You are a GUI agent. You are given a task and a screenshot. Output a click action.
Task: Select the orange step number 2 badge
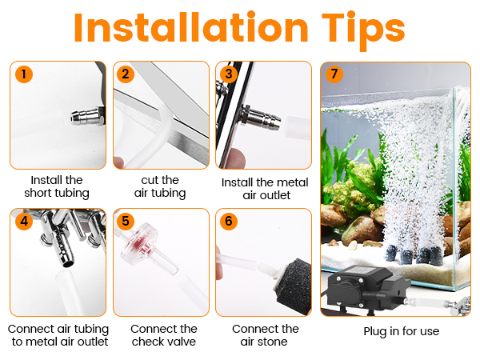click(x=126, y=74)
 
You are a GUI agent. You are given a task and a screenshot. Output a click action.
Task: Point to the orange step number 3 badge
click(x=229, y=74)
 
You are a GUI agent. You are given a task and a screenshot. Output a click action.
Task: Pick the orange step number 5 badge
click(x=126, y=221)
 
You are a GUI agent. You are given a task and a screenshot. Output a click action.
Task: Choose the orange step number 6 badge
click(x=229, y=221)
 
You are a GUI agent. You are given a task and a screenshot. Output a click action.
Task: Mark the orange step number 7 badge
click(x=334, y=74)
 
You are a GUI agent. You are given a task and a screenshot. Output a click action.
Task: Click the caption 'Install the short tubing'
click(x=57, y=186)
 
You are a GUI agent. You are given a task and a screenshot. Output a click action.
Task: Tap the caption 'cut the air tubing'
click(x=159, y=186)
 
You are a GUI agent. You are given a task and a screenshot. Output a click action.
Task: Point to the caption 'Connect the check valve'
click(x=163, y=335)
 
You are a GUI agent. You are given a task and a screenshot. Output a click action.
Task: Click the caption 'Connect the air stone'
click(x=265, y=335)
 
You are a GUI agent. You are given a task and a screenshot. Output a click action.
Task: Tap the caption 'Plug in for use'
click(x=401, y=330)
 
